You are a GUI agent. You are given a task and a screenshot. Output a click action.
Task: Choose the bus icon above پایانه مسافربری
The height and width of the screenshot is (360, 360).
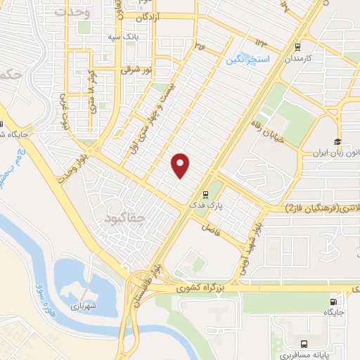(x=304, y=344)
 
